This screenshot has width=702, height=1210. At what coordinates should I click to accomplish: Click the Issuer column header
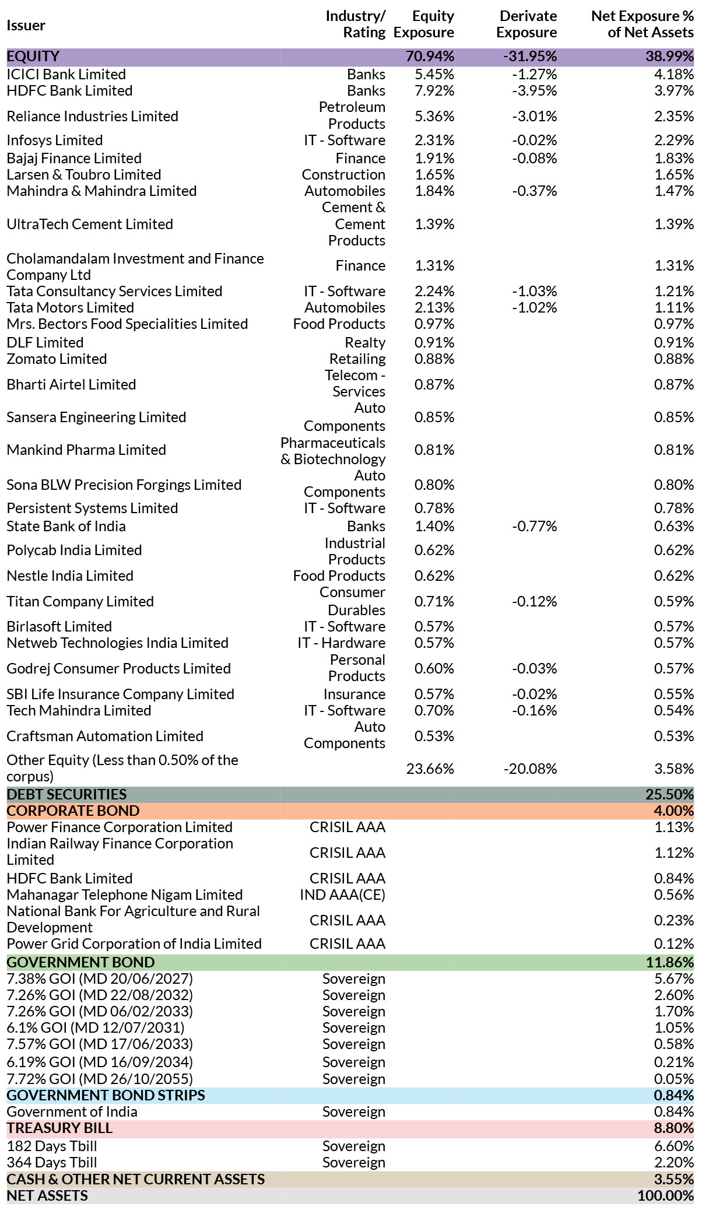click(x=26, y=26)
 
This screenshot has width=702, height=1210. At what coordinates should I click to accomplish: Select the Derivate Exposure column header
click(x=526, y=24)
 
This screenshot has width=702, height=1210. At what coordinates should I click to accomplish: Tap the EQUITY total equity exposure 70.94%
click(x=430, y=57)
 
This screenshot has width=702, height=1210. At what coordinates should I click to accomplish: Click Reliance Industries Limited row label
click(x=92, y=117)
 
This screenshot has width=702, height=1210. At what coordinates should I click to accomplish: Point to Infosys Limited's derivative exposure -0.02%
click(x=535, y=141)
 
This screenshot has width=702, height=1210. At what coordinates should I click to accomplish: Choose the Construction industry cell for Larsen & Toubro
click(x=343, y=175)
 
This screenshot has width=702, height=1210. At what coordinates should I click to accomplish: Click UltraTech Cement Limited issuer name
click(x=90, y=225)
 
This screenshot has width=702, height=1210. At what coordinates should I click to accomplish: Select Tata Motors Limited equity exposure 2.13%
click(x=434, y=308)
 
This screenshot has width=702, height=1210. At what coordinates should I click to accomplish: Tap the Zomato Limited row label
click(x=57, y=359)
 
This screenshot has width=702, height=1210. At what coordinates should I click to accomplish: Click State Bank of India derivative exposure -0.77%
click(x=535, y=527)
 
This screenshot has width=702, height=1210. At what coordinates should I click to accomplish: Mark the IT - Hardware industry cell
click(x=342, y=643)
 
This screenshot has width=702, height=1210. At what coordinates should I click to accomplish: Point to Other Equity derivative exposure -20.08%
click(x=531, y=769)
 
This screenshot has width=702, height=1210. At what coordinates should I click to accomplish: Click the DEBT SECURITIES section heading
click(x=66, y=795)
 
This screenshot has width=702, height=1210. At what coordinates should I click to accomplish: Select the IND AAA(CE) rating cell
click(x=343, y=895)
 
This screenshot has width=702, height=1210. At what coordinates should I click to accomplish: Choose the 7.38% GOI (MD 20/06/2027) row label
click(x=100, y=979)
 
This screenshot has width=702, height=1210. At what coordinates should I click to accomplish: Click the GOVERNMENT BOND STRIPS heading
click(x=106, y=1096)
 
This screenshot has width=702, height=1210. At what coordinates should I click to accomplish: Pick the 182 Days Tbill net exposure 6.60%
click(x=674, y=1146)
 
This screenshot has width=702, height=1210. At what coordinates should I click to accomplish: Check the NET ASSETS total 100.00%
click(x=666, y=1196)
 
